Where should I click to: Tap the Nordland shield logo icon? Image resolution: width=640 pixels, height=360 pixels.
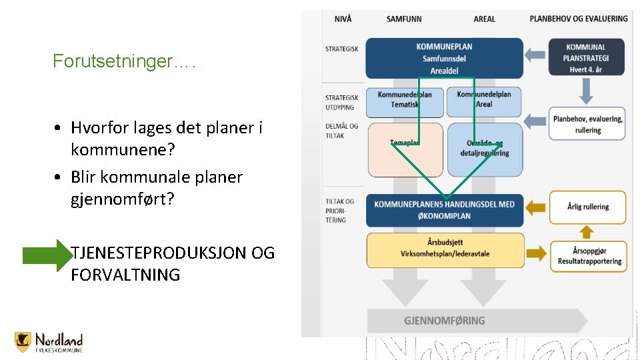click(x=23, y=342)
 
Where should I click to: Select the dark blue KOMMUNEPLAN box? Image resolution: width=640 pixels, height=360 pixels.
click(x=444, y=58)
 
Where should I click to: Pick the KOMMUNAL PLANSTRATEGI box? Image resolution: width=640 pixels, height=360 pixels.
click(x=586, y=58)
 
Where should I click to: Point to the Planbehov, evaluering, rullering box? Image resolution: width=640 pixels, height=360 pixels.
click(x=587, y=124)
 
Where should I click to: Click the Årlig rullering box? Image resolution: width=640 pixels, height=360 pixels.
click(x=587, y=207)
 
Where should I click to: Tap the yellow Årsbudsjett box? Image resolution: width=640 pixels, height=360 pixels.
click(x=444, y=249)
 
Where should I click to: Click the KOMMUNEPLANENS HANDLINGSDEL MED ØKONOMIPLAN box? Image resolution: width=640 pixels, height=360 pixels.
click(x=444, y=209)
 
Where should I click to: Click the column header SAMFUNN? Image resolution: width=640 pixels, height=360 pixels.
click(x=404, y=19)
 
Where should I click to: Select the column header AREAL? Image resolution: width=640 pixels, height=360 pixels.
click(x=485, y=19)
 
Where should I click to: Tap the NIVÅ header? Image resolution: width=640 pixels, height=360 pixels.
click(x=343, y=19)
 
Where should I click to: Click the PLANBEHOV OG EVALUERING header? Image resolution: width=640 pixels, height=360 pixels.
click(x=579, y=19)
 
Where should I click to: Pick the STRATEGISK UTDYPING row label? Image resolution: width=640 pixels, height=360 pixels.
click(x=341, y=103)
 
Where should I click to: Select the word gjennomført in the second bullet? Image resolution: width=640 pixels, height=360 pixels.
click(x=122, y=199)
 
